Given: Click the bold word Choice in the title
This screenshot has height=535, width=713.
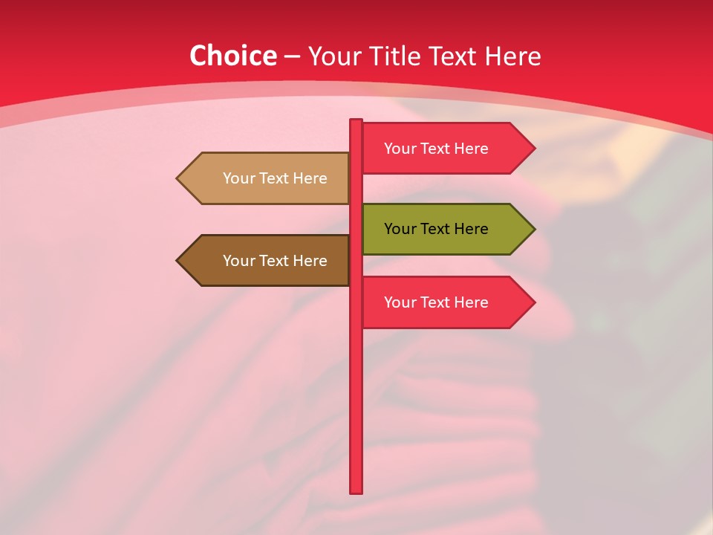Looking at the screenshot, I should [232, 56].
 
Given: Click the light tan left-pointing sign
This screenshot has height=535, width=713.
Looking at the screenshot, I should [267, 178].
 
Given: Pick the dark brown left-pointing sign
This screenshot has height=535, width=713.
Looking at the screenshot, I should [267, 261].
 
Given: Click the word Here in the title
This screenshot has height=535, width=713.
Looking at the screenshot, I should [512, 56].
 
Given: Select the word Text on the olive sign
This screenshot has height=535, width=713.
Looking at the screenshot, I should [436, 229].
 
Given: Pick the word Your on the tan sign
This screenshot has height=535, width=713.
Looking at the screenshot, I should [238, 178].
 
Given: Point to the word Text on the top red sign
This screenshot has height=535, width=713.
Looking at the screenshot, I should [436, 149].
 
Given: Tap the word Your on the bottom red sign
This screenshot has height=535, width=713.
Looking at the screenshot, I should [400, 302].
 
